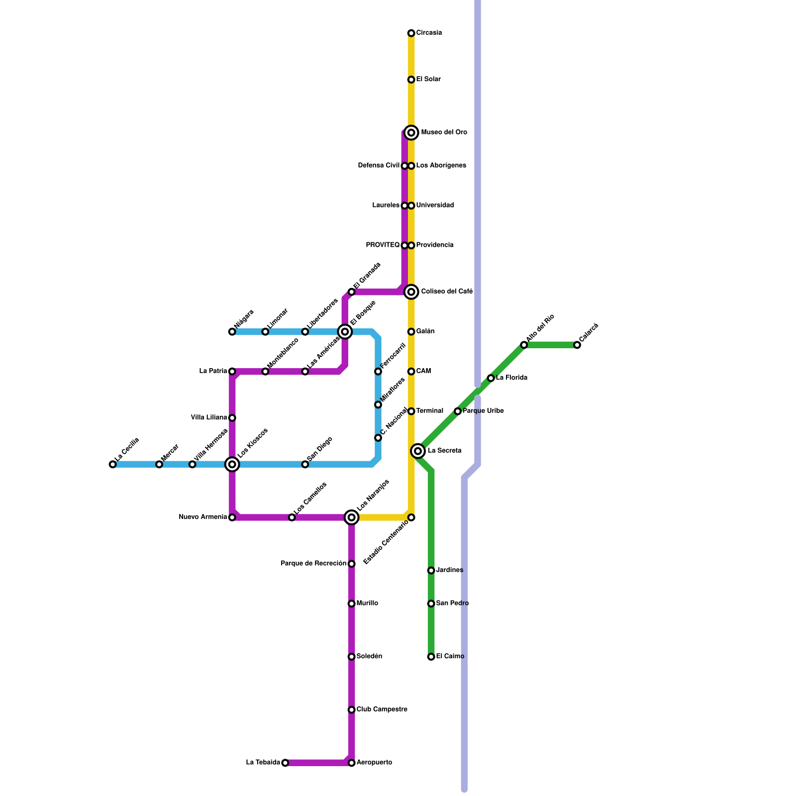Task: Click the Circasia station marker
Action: [411, 33]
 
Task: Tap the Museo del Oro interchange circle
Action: [411, 132]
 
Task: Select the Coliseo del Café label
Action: [446, 292]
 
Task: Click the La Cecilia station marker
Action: [112, 464]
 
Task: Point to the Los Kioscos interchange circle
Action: [232, 464]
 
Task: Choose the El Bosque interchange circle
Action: [345, 331]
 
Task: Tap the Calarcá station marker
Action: [577, 345]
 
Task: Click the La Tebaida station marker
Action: [285, 763]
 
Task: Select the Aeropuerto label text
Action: [374, 763]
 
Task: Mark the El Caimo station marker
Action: [431, 657]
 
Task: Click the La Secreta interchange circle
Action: [418, 451]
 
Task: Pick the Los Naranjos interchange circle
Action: [351, 517]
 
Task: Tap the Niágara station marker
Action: [232, 331]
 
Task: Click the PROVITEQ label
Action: [383, 245]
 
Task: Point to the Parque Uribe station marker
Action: [457, 411]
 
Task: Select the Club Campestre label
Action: [382, 709]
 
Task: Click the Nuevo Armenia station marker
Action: [232, 517]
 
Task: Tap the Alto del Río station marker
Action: [524, 345]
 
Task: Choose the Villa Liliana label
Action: [209, 417]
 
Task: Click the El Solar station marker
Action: [411, 80]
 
